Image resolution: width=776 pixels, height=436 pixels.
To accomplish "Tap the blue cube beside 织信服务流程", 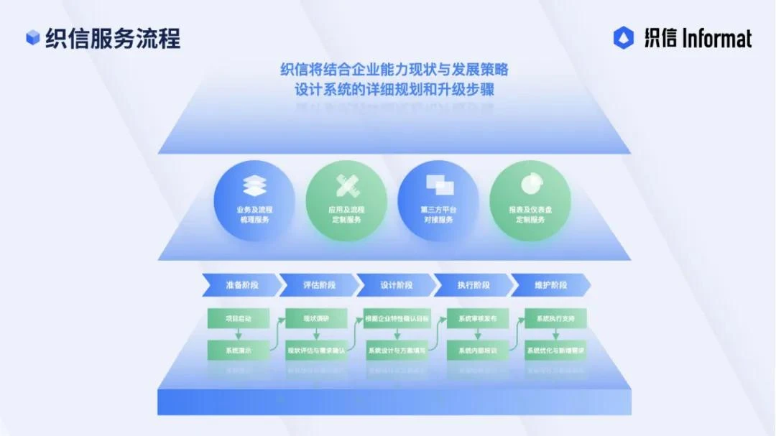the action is (x=32, y=38).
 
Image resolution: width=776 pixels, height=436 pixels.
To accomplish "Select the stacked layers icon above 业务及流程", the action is (x=254, y=185).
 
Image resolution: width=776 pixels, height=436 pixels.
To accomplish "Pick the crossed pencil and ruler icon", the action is (x=346, y=185).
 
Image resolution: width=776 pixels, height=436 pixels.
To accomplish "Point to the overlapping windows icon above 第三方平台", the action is (x=438, y=185).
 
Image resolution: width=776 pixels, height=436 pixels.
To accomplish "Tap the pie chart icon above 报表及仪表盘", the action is (x=530, y=183).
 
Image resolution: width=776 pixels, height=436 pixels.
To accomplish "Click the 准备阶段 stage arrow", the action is (x=240, y=285).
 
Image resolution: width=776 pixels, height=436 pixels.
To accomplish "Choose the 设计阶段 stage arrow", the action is (x=396, y=285).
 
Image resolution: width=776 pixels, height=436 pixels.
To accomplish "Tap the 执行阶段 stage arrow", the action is (x=474, y=285).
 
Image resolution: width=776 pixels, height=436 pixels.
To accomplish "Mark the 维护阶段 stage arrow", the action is (x=550, y=285).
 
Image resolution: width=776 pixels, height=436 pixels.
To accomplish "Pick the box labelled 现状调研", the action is (x=315, y=318).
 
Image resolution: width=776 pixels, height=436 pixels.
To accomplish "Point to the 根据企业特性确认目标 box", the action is (x=397, y=318).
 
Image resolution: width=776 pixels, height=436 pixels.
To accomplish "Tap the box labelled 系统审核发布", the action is (x=477, y=318).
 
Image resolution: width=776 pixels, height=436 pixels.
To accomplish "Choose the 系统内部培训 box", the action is (x=477, y=351).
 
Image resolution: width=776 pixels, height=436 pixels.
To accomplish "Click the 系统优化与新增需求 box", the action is (x=555, y=351).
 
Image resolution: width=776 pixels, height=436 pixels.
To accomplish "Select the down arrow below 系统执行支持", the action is (x=555, y=335).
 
